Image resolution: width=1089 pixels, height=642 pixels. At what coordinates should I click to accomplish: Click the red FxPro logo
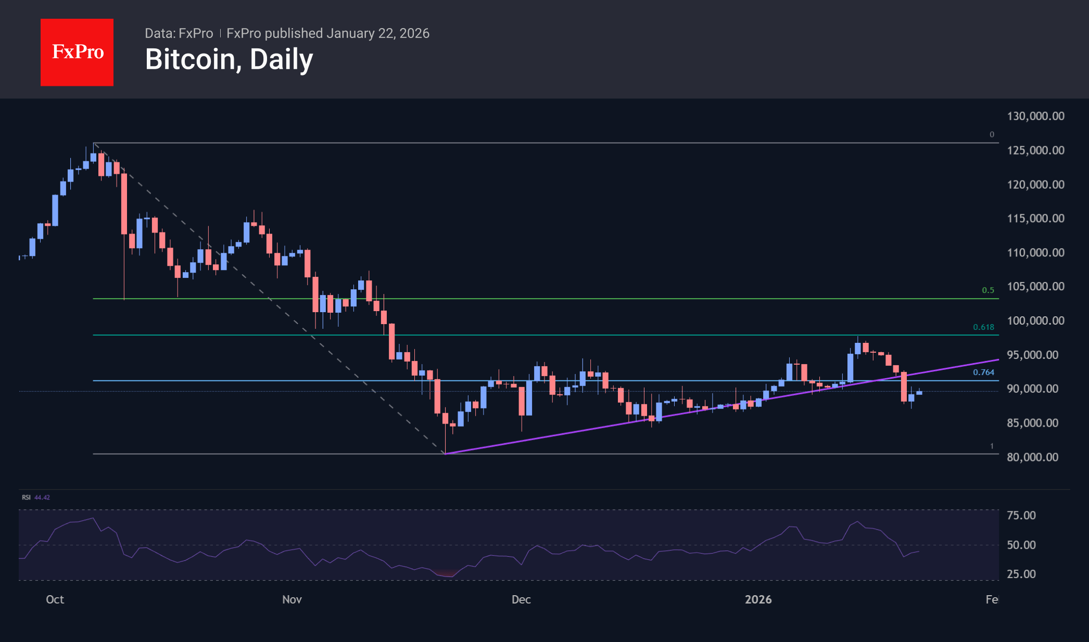click(77, 52)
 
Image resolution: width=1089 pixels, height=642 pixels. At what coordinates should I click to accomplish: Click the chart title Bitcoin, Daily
click(229, 59)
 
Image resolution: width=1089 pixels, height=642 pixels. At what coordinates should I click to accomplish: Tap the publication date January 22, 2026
click(378, 33)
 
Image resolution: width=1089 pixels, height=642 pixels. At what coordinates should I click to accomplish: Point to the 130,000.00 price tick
click(1035, 116)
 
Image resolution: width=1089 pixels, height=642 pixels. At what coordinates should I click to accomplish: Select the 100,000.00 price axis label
click(1035, 320)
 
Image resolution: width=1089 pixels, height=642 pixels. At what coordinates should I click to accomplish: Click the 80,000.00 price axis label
click(1032, 457)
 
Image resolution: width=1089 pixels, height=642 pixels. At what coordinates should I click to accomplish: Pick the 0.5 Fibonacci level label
click(987, 290)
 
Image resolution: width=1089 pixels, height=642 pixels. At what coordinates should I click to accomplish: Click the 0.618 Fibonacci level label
click(983, 327)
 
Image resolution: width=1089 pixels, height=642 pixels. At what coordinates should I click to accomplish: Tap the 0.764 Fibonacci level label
click(983, 373)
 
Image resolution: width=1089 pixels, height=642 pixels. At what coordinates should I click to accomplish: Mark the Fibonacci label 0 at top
click(992, 135)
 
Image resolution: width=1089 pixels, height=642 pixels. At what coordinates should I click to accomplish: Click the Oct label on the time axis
click(55, 599)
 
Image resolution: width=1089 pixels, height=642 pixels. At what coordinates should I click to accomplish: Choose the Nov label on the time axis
click(292, 599)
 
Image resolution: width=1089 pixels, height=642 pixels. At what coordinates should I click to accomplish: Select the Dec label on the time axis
click(521, 599)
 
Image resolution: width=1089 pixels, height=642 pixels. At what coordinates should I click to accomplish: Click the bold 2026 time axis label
click(758, 599)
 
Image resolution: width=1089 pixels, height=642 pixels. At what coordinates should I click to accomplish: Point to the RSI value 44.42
click(42, 497)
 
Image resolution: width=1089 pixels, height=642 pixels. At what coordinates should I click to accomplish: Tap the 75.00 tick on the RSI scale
click(1021, 515)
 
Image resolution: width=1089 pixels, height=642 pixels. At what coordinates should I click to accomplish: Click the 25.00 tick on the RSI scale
click(1021, 574)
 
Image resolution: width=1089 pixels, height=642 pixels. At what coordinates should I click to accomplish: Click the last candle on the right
click(919, 393)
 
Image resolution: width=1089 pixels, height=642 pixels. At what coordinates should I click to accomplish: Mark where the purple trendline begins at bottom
click(446, 454)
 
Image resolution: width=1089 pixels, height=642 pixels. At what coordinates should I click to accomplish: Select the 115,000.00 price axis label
click(1035, 219)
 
